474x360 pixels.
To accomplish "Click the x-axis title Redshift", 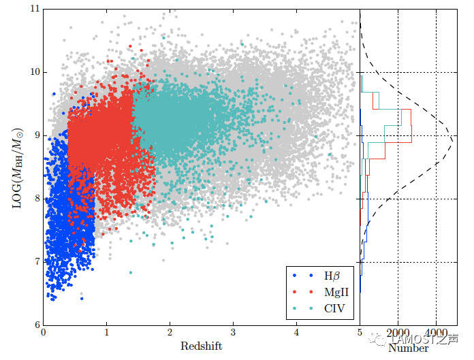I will click(201, 346).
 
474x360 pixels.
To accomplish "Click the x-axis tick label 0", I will click(44, 333).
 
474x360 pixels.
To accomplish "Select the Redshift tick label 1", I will click(107, 333).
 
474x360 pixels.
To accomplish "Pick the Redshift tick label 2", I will click(170, 333).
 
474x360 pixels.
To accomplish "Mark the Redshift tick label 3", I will click(233, 333).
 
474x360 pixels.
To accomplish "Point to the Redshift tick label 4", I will click(296, 333).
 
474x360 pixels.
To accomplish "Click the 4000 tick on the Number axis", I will click(437, 333).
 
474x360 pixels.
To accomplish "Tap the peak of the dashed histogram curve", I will click(453, 139).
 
